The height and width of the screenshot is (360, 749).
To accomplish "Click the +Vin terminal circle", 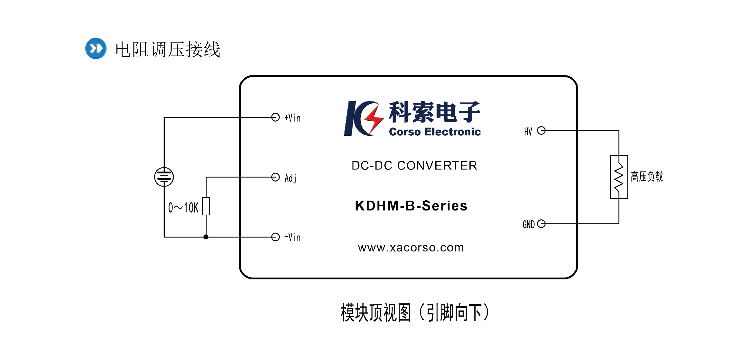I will coord(276,117).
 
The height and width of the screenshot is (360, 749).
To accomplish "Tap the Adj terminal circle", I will coord(276,177).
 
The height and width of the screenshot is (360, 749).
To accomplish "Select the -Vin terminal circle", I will coord(276,237).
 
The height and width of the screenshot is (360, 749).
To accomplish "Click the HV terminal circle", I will coord(541,131).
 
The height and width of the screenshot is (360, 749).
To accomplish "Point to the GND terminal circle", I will coord(541,224).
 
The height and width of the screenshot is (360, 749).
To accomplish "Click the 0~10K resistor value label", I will coord(183,208).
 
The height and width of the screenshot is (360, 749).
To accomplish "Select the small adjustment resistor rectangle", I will coord(206,206).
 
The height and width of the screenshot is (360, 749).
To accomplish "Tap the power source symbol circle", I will coord(164,177).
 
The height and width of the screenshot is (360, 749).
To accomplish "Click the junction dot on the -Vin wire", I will coord(206,237).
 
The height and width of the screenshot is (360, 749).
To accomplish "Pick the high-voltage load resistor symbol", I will coord(619,177).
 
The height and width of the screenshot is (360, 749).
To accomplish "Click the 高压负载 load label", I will coord(647,177).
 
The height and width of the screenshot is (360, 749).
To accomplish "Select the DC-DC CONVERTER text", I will coord(414,166).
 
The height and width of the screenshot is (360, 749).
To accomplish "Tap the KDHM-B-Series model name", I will coord(411,206).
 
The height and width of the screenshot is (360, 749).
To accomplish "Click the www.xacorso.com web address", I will coord(411,248).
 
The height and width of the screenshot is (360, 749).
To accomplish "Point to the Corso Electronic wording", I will coord(435,132).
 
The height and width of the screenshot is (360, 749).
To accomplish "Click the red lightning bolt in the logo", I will coord(373,118).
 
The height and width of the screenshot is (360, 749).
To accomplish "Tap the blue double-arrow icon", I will coord(96,48).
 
